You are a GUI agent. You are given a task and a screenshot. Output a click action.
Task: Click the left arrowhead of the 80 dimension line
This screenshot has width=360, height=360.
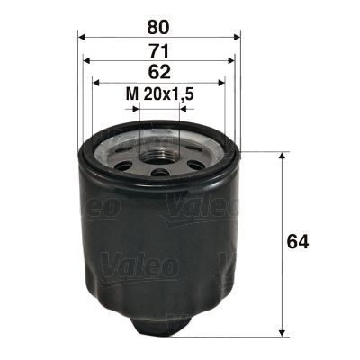pos(83,37)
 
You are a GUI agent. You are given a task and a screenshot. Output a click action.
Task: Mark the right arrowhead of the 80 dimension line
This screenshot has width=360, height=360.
pos(237,37)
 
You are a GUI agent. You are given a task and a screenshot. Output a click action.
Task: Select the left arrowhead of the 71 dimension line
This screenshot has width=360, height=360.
pos(86,61)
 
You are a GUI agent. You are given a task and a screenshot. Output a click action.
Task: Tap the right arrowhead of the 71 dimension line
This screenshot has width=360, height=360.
pos(233,61)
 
